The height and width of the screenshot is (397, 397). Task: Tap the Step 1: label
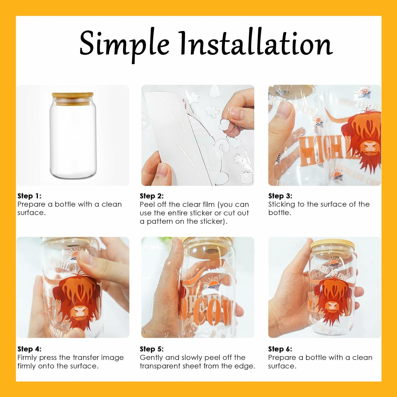pos(29,196)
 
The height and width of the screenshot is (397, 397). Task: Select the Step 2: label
pos(152,196)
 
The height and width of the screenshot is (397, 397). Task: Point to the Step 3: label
pos(280,196)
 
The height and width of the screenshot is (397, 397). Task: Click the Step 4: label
pos(29,349)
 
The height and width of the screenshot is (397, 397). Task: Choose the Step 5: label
pos(152,349)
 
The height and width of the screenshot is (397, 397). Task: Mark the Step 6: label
pos(280,349)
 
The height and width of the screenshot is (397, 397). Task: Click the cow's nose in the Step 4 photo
pos(80,311)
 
